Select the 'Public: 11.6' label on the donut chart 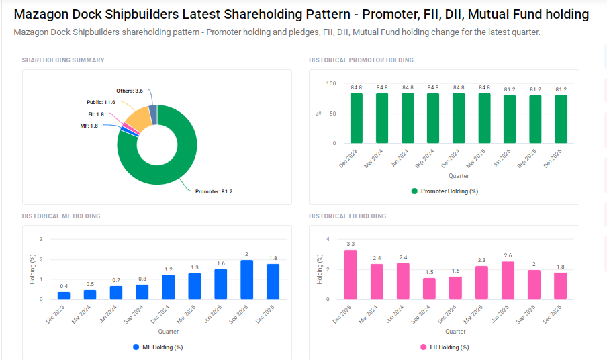click(x=101, y=102)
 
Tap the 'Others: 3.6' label click(x=130, y=90)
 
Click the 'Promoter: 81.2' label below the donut click(x=214, y=191)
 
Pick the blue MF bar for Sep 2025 click(x=246, y=279)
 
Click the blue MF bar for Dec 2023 click(x=64, y=296)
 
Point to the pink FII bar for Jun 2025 click(x=508, y=280)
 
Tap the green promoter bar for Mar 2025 click(x=483, y=118)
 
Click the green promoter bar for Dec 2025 click(x=560, y=120)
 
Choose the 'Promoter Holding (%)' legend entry click(x=444, y=191)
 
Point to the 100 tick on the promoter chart click(x=331, y=83)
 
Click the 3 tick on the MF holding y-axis click(x=41, y=240)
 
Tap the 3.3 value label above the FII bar click(x=351, y=244)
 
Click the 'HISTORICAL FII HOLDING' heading click(x=347, y=216)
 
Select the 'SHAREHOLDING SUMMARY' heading click(x=63, y=60)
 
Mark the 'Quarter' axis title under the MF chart click(x=169, y=332)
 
